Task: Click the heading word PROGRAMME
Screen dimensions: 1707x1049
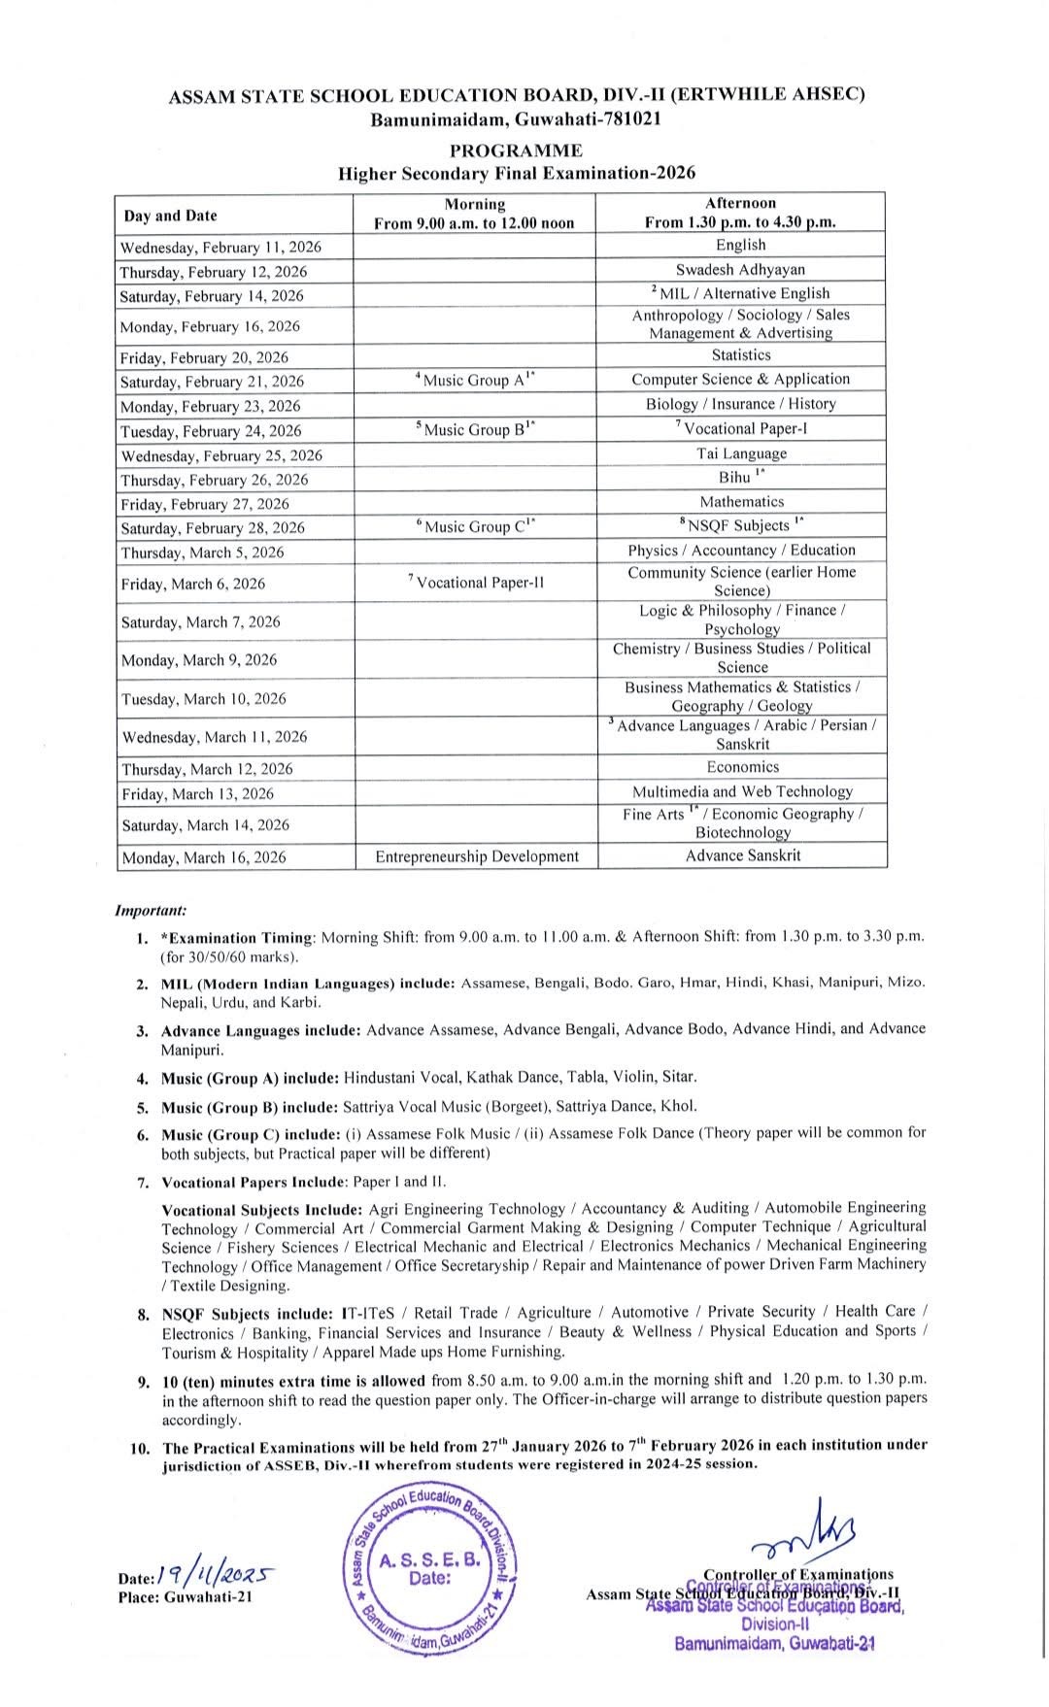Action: tap(516, 151)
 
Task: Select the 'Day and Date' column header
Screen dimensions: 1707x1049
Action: tap(171, 216)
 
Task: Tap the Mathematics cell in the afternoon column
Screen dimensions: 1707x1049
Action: tap(741, 502)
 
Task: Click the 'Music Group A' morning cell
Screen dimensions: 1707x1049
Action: tap(475, 381)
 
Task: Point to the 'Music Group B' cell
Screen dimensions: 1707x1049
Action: tap(475, 429)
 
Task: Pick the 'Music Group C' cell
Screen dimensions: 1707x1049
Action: tap(475, 526)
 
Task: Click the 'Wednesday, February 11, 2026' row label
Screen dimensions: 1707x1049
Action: tap(220, 247)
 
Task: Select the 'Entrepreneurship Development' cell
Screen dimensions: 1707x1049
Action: tap(477, 856)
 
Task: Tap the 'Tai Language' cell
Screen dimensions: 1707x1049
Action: tap(741, 453)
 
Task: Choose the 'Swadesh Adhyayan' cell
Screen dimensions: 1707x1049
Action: tap(740, 270)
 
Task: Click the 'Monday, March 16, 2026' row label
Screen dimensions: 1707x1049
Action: tap(204, 857)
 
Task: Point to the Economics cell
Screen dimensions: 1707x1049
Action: tap(742, 767)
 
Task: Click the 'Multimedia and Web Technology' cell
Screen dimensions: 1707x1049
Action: tap(742, 791)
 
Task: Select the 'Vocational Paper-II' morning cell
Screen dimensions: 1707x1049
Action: tap(475, 583)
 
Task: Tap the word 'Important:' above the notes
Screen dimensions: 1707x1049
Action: tap(151, 911)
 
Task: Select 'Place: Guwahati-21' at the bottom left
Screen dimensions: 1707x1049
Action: tap(185, 1597)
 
